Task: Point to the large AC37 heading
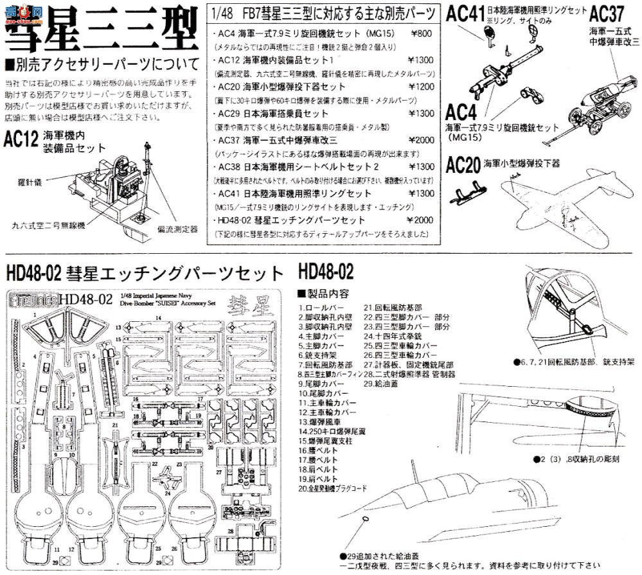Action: coord(609,12)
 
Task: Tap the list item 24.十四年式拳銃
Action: coord(393,335)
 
